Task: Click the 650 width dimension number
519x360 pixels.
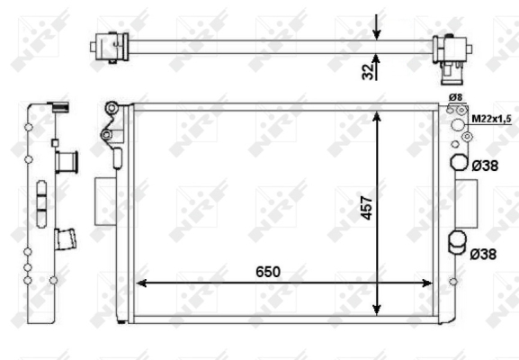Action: point(267,271)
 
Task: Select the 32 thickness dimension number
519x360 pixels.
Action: point(367,70)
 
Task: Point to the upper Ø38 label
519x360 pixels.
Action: point(483,165)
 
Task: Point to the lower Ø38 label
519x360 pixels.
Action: point(483,254)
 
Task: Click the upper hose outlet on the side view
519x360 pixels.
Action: point(67,162)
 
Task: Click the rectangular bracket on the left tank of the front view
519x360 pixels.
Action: point(103,200)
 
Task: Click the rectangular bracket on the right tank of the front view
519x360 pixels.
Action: point(468,202)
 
